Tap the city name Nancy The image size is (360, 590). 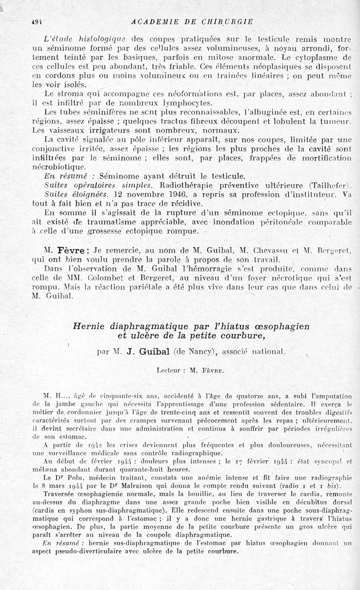201,352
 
